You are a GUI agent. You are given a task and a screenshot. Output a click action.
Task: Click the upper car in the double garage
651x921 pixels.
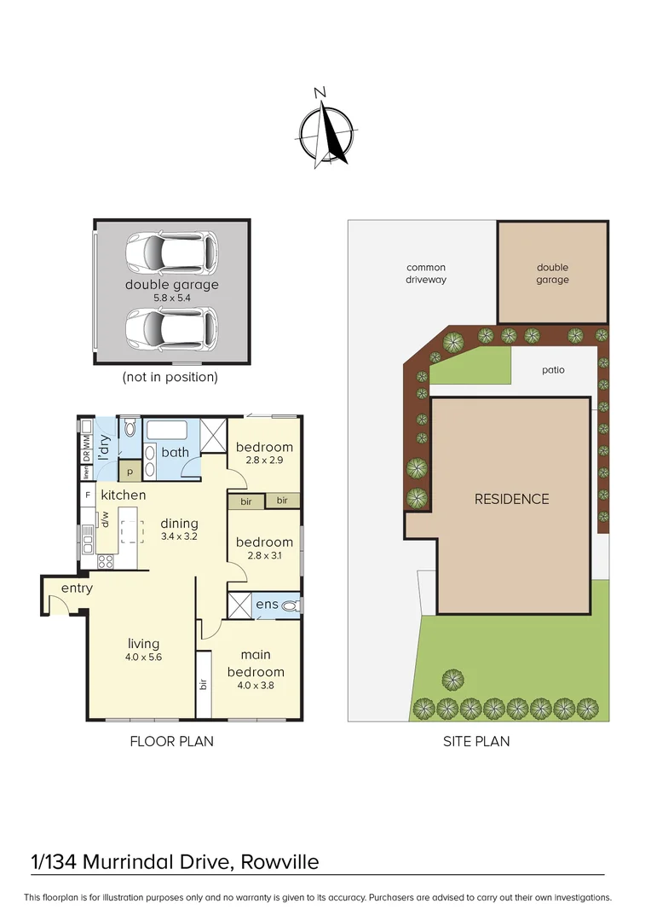tap(171, 251)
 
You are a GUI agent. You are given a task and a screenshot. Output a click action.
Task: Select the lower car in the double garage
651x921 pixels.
tap(171, 327)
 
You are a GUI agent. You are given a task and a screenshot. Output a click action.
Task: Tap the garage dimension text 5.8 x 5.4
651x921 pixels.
tap(171, 298)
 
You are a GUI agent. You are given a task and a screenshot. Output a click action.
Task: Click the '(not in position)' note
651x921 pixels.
tap(170, 377)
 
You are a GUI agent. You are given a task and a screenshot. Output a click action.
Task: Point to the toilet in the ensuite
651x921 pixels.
tap(290, 606)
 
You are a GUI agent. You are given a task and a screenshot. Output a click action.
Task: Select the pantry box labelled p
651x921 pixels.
tap(130, 472)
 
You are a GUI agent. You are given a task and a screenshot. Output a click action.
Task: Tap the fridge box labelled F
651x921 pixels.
tap(87, 495)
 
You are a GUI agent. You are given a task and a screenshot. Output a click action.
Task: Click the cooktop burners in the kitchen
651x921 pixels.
tap(107, 560)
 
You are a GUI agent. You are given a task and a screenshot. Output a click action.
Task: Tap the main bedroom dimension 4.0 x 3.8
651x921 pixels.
tap(255, 685)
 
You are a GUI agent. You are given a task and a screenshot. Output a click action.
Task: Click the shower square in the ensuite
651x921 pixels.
tap(240, 606)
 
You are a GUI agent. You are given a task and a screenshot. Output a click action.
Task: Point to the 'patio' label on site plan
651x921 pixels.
tap(553, 370)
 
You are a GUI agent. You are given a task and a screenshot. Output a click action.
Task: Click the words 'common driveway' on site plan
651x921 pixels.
tap(426, 274)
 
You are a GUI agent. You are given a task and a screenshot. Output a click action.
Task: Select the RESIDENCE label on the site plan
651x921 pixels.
tap(511, 499)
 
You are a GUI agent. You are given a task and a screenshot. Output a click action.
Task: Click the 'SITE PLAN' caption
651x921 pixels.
tap(476, 741)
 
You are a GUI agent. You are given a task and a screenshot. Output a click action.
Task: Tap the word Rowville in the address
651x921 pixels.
tap(279, 862)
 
